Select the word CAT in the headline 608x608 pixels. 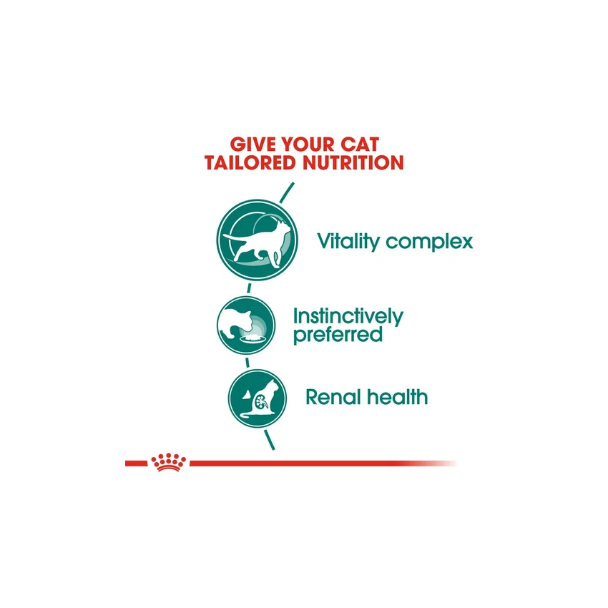(x=360, y=144)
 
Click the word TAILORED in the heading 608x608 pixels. (x=250, y=162)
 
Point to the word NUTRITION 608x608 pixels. (x=353, y=162)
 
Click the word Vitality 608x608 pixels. (x=348, y=242)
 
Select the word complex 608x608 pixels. (x=429, y=242)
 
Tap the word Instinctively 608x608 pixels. (x=348, y=317)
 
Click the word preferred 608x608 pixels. (x=338, y=335)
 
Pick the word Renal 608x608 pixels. (x=333, y=398)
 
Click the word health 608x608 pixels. (x=397, y=397)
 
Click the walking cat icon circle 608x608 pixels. (x=257, y=240)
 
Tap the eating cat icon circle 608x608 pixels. (x=246, y=325)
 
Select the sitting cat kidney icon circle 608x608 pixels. (x=257, y=398)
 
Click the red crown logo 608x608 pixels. (x=169, y=462)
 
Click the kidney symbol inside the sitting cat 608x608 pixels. (x=263, y=402)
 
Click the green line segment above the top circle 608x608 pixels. (x=287, y=192)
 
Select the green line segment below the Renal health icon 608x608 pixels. (x=270, y=440)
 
